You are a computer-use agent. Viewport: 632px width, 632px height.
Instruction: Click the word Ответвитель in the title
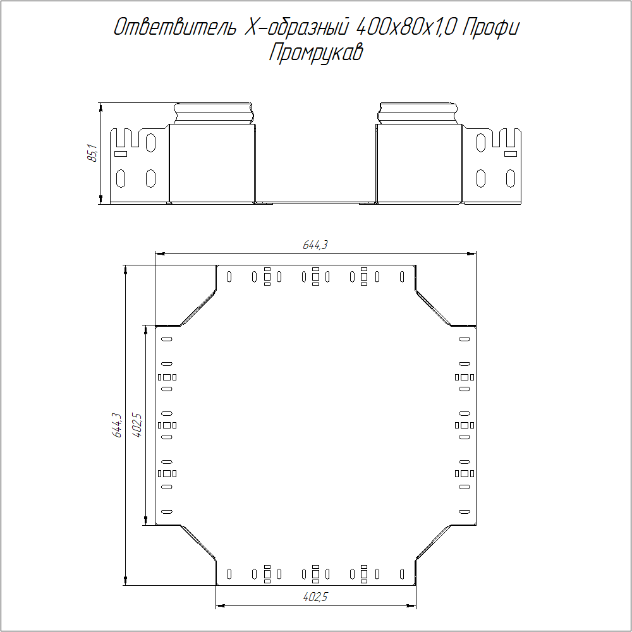[x=174, y=27]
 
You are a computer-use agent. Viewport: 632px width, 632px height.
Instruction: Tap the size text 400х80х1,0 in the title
[x=406, y=27]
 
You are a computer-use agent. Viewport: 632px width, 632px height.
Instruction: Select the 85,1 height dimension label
[x=92, y=153]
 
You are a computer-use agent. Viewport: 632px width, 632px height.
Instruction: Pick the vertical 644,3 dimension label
[x=116, y=425]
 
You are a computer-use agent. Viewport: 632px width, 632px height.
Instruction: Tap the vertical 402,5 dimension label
[x=137, y=425]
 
